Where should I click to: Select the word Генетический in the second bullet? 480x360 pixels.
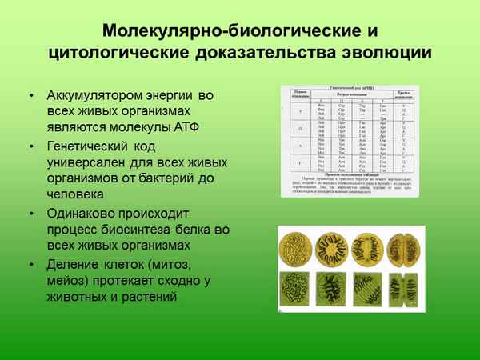90,147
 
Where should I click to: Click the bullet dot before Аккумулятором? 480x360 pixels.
30,97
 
